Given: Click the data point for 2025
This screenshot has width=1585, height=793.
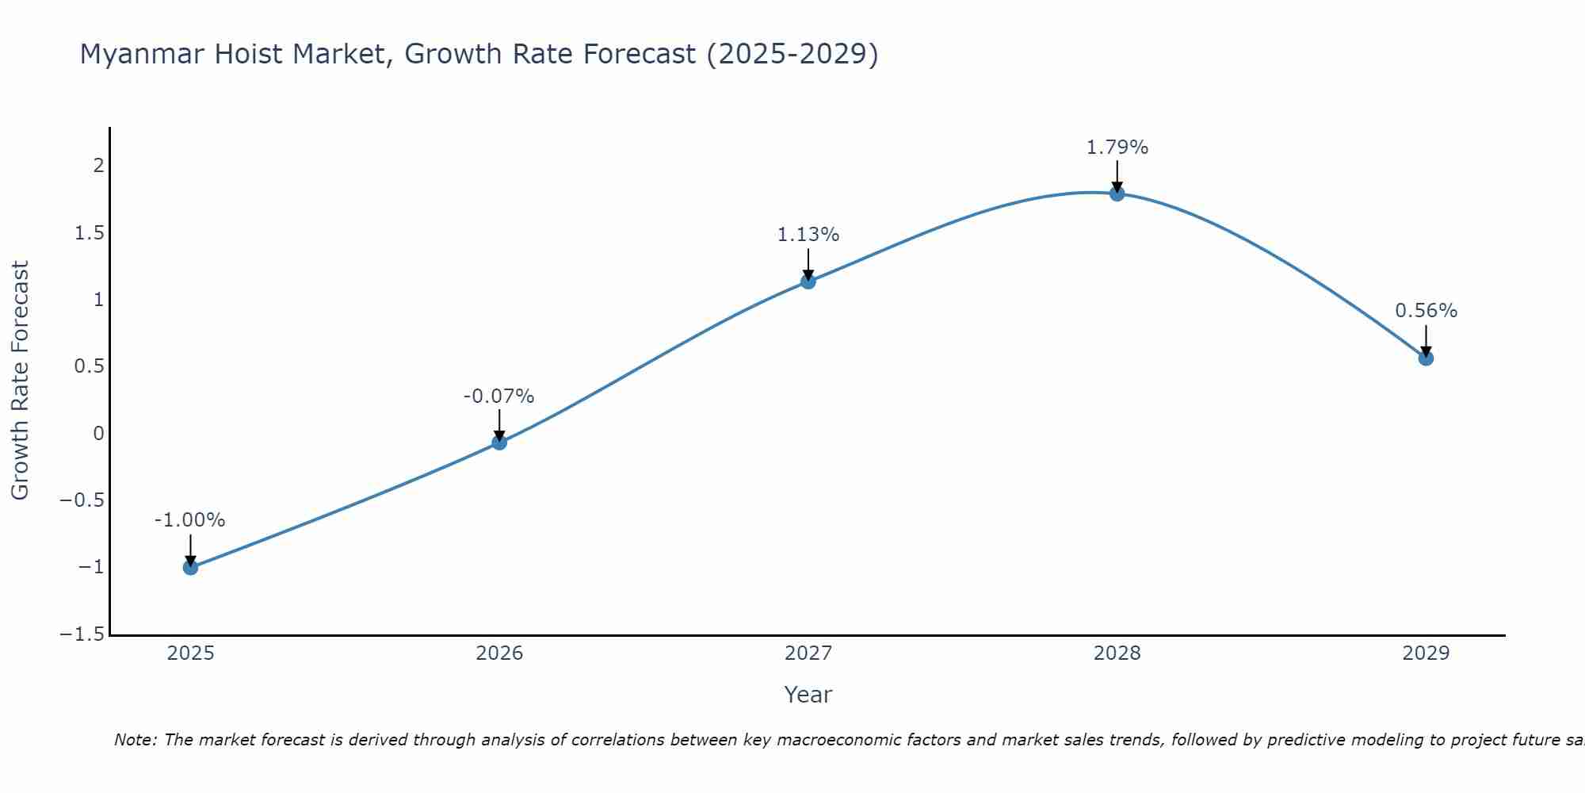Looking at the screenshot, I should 190,567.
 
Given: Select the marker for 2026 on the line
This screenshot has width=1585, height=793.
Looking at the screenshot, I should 499,442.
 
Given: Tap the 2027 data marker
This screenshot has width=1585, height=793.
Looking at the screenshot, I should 808,282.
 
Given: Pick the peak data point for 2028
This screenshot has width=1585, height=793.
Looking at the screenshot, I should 1117,193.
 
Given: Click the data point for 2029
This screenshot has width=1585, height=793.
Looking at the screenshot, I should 1426,358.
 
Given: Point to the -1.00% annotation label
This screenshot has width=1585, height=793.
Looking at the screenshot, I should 189,520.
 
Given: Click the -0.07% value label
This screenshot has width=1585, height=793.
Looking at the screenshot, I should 498,396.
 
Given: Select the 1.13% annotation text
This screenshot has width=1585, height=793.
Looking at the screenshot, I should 808,235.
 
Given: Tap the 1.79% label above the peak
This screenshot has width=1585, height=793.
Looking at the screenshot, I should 1117,147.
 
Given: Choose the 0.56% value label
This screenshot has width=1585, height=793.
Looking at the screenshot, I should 1426,311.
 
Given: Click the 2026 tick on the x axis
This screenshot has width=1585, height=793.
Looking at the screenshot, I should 499,653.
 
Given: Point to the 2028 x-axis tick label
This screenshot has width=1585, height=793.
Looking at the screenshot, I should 1117,653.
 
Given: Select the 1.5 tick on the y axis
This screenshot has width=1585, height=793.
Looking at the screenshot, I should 90,233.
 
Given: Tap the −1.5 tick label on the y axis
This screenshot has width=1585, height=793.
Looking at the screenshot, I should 82,634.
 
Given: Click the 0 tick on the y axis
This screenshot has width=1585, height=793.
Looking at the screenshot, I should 99,434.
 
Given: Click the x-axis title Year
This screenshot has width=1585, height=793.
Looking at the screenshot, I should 808,695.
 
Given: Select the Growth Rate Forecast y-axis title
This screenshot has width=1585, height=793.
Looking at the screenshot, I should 20,381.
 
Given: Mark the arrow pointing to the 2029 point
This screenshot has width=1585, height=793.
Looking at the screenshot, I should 1426,341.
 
